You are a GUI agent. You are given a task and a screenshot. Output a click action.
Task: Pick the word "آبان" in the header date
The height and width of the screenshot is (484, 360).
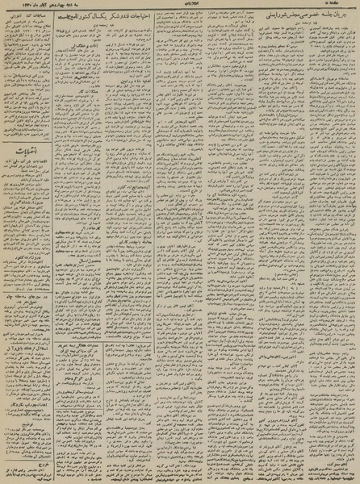pyautogui.click(x=40, y=4)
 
